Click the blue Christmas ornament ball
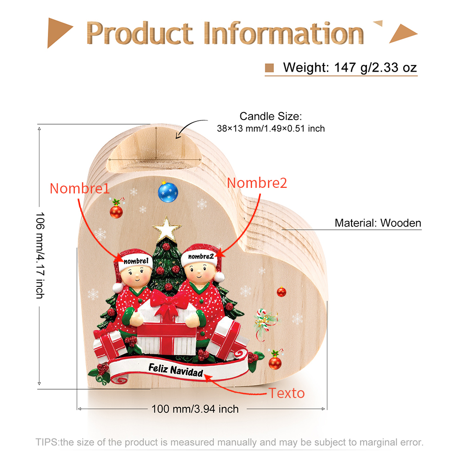pyautogui.click(x=168, y=192)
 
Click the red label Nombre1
pyautogui.click(x=80, y=189)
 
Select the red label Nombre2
pyautogui.click(x=257, y=183)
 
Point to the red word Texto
pyautogui.click(x=286, y=393)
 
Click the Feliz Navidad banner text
pyautogui.click(x=176, y=370)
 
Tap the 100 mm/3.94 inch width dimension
pyautogui.click(x=195, y=409)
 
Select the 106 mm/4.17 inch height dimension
pyautogui.click(x=40, y=255)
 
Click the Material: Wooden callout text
pyautogui.click(x=378, y=223)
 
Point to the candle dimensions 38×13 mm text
pyautogui.click(x=271, y=128)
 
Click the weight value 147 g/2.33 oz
pyautogui.click(x=375, y=67)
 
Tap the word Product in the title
pyautogui.click(x=139, y=33)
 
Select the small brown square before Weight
pyautogui.click(x=269, y=68)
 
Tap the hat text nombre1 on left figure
pyautogui.click(x=136, y=261)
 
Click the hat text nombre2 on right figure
pyautogui.click(x=201, y=257)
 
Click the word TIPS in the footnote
pyautogui.click(x=47, y=442)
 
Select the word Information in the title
pyautogui.click(x=284, y=33)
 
